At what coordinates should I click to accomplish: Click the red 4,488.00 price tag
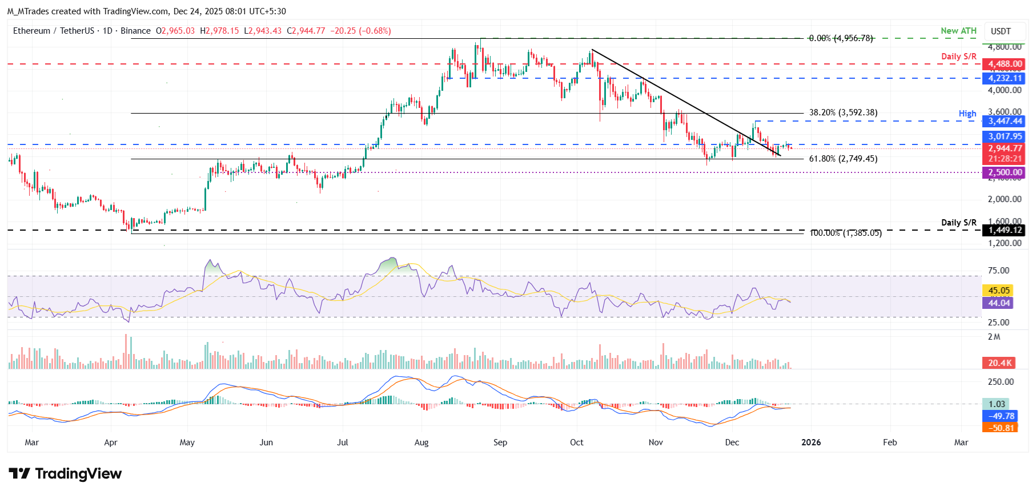point(1004,64)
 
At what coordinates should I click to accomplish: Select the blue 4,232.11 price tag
point(1004,78)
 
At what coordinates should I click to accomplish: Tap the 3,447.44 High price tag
point(1004,121)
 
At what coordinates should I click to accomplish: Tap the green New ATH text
point(958,31)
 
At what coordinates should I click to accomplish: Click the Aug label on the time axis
point(421,442)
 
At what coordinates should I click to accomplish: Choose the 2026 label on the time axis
point(811,442)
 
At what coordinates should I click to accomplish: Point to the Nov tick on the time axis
point(656,442)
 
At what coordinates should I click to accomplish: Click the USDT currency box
point(1001,31)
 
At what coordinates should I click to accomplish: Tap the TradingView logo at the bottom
point(65,474)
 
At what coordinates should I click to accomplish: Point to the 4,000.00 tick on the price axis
point(1004,90)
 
